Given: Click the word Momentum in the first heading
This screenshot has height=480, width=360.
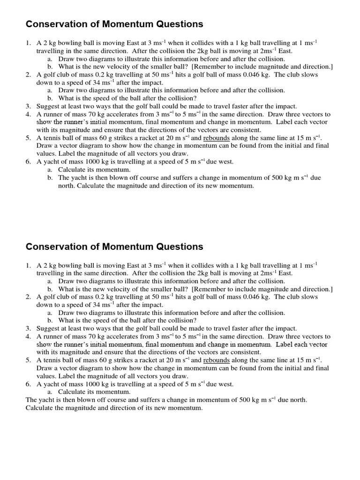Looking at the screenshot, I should pos(132,24).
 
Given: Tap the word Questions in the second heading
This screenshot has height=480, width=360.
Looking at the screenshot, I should pos(180,247).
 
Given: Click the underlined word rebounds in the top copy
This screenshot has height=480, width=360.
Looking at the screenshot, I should pos(216,138).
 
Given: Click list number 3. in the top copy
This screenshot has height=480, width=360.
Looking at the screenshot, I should pos(29,106).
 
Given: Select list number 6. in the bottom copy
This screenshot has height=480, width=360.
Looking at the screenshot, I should pos(29,384).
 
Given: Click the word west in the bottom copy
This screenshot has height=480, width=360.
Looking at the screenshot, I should pos(225,384).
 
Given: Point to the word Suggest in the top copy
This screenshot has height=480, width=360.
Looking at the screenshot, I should pos(48,106).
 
